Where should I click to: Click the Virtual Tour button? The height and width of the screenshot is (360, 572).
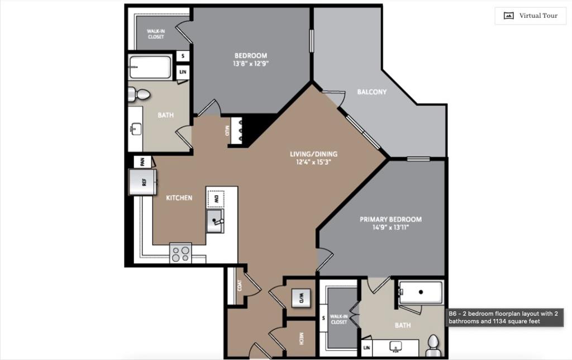click(x=530, y=16)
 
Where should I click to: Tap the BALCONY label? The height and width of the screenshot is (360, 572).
click(x=371, y=92)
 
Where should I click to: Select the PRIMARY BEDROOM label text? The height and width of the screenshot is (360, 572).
click(x=390, y=220)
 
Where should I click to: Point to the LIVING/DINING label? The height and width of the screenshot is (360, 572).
click(x=313, y=154)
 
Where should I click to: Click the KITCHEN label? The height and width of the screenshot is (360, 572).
click(x=179, y=198)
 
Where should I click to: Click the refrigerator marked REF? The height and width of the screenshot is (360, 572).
click(x=142, y=182)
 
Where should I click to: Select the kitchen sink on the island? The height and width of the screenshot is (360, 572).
click(x=215, y=221)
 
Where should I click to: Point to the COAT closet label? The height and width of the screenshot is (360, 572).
click(x=240, y=286)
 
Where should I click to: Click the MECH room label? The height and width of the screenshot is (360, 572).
click(x=301, y=339)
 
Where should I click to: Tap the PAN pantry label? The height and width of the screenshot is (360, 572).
click(x=142, y=162)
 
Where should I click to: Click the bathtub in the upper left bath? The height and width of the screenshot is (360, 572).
click(x=150, y=67)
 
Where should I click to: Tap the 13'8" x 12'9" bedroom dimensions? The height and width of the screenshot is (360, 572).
click(x=250, y=64)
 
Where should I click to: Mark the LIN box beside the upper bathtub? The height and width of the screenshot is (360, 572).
click(x=182, y=73)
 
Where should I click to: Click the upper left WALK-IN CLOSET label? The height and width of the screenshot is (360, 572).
click(x=156, y=34)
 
